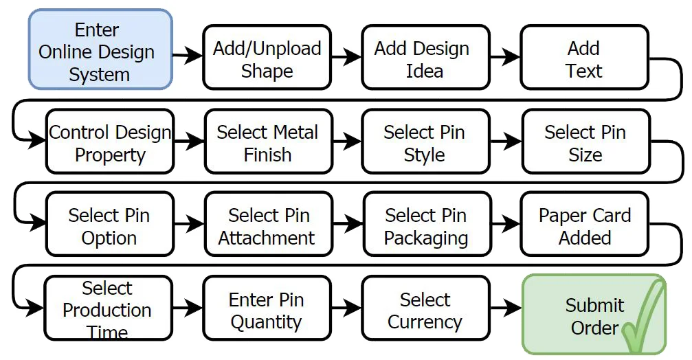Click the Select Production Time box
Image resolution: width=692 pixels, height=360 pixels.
coord(107,308)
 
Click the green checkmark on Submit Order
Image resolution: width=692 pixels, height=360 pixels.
coord(643,319)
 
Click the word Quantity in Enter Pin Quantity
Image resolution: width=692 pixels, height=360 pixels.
coord(267,322)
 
